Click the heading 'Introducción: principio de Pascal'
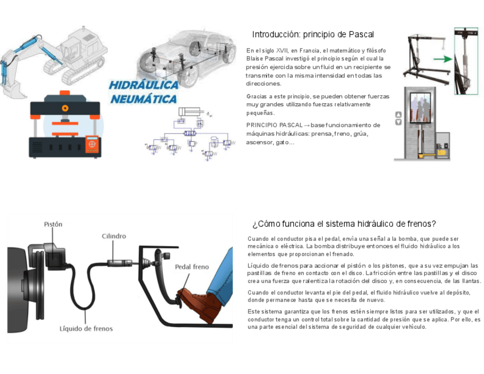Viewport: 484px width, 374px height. [313, 34]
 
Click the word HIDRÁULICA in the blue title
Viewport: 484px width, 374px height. [143, 85]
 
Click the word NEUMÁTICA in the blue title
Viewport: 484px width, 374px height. [143, 99]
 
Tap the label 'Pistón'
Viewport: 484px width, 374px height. [53, 224]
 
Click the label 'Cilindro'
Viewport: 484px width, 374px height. [114, 236]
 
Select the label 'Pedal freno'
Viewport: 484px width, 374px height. [192, 267]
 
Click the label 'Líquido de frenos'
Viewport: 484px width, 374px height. [86, 328]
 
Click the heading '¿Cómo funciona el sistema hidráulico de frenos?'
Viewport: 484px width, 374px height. [344, 224]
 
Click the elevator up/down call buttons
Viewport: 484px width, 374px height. [398, 118]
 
